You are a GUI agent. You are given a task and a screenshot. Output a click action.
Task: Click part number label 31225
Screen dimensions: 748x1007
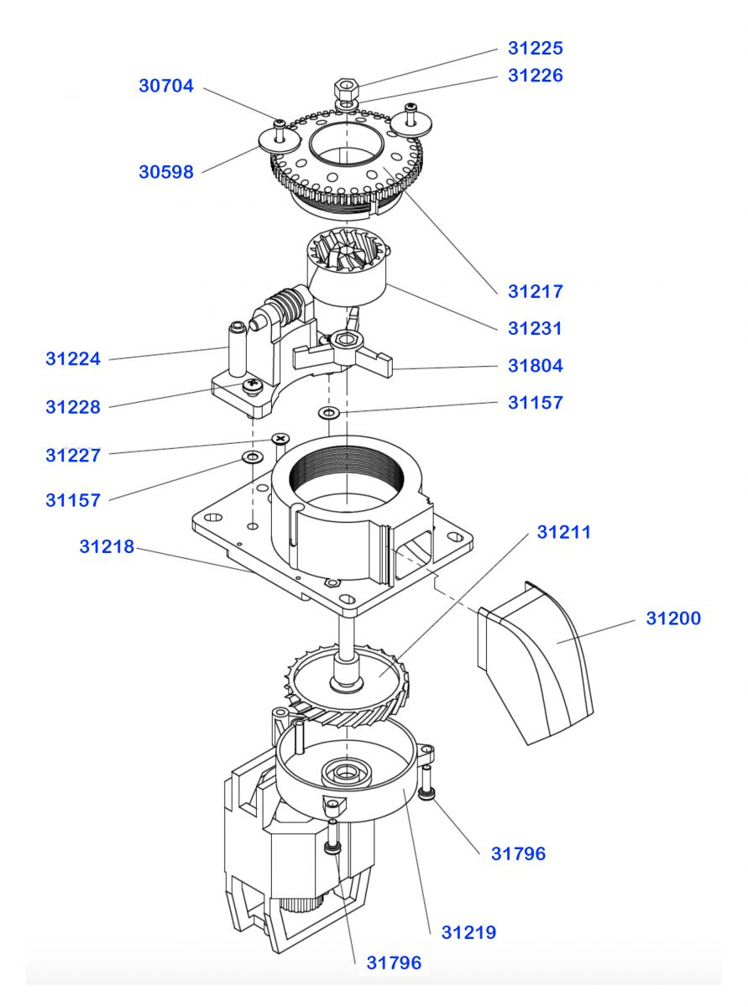click(x=535, y=48)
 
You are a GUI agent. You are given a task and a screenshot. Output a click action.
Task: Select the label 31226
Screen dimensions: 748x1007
click(x=535, y=76)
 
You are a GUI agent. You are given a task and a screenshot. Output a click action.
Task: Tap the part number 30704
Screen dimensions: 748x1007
click(x=166, y=86)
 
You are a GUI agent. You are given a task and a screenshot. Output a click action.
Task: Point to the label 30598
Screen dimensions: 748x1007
click(x=166, y=172)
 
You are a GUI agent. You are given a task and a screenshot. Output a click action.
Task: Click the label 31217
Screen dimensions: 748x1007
click(x=535, y=292)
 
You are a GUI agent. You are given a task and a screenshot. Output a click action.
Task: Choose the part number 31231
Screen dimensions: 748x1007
click(x=535, y=329)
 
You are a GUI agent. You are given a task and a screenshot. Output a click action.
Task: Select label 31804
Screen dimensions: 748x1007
click(x=535, y=366)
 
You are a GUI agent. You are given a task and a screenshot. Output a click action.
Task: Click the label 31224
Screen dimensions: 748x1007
click(x=73, y=359)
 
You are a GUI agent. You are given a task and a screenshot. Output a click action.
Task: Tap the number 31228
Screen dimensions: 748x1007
click(x=73, y=408)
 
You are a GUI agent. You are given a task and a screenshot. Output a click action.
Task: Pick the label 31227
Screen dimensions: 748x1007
click(x=73, y=456)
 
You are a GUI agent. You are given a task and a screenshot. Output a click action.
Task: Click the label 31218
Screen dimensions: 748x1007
click(x=107, y=546)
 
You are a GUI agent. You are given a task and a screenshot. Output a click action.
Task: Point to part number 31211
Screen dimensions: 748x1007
click(x=564, y=532)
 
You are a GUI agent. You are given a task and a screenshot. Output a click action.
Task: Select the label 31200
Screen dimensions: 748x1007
click(x=673, y=618)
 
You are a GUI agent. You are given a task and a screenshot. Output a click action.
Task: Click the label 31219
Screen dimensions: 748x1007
click(x=469, y=932)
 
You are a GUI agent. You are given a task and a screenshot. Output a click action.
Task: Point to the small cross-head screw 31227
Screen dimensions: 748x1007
click(x=280, y=440)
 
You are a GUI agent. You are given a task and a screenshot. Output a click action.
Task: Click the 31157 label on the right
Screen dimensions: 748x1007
click(x=535, y=403)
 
